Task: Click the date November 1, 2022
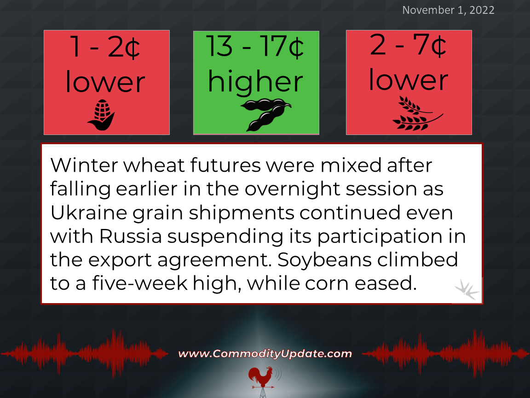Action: point(448,10)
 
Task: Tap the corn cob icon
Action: point(101,115)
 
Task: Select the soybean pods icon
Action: point(266,115)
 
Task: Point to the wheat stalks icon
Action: point(417,113)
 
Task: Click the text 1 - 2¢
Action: point(105,47)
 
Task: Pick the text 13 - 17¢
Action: point(255,47)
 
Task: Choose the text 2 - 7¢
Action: point(408,45)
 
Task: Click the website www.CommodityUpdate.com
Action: point(265,354)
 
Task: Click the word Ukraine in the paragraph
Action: point(88,213)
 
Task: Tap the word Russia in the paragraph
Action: point(130,236)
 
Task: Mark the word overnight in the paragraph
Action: point(292,189)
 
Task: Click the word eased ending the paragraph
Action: point(386,283)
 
